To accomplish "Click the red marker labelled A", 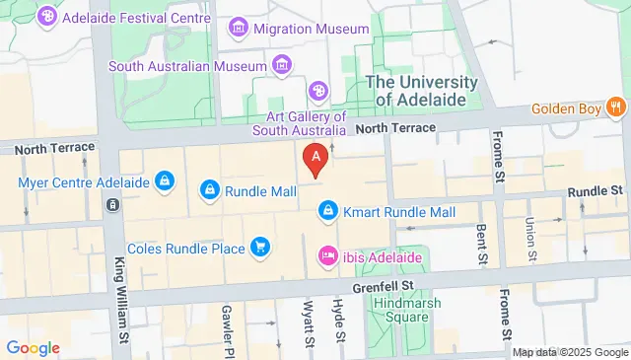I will click(315, 157).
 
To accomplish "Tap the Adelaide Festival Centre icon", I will click(46, 17).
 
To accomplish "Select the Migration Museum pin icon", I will click(239, 29).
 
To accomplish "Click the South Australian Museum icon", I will click(282, 65).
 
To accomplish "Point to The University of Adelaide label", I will click(422, 91).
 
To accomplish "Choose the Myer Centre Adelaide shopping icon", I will click(165, 181).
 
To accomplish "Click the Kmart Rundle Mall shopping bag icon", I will click(327, 211).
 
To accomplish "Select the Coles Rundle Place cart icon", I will click(260, 247).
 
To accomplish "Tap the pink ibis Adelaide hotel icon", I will click(327, 257).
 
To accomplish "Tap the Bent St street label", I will click(481, 245).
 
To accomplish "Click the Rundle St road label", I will click(601, 188).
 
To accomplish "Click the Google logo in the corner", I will click(33, 347).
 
